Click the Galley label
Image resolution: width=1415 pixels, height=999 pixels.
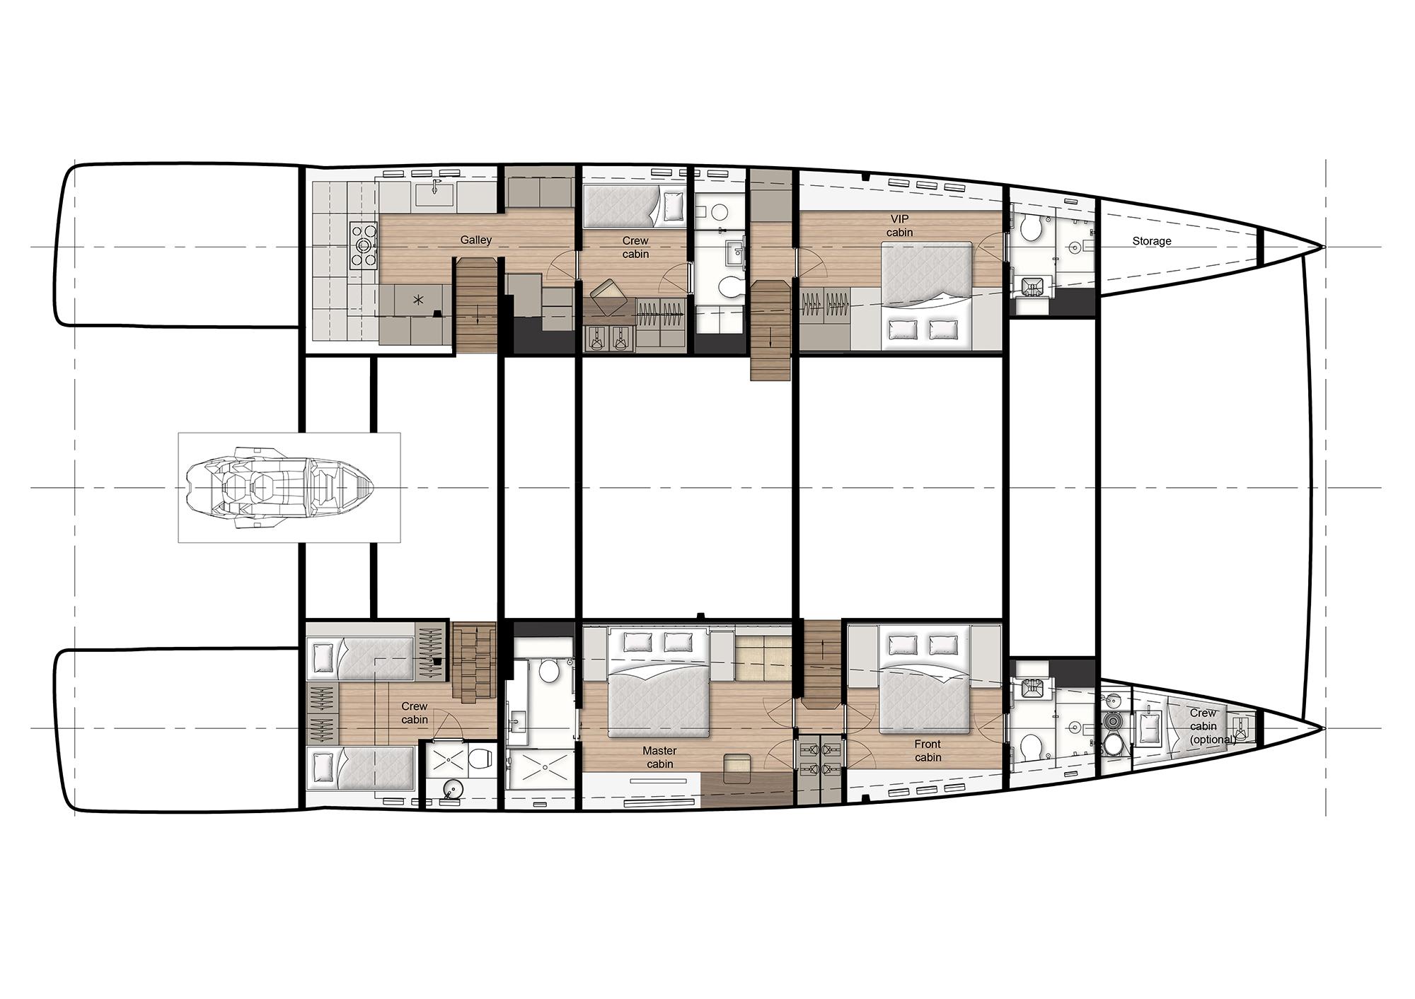pos(475,240)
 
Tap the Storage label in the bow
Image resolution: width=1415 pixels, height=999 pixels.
pos(1151,241)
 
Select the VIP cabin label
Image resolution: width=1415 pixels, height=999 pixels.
pos(899,226)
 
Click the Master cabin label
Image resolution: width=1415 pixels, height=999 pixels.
pos(659,757)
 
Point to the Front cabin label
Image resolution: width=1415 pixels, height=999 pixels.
pos(928,750)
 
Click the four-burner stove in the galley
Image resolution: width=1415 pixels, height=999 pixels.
pos(364,245)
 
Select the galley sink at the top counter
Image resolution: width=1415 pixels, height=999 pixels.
pos(434,192)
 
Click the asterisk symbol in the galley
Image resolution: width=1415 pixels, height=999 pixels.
pos(418,300)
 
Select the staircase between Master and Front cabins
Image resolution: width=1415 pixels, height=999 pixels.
pos(821,672)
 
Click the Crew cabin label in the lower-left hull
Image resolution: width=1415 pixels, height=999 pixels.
pos(415,713)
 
